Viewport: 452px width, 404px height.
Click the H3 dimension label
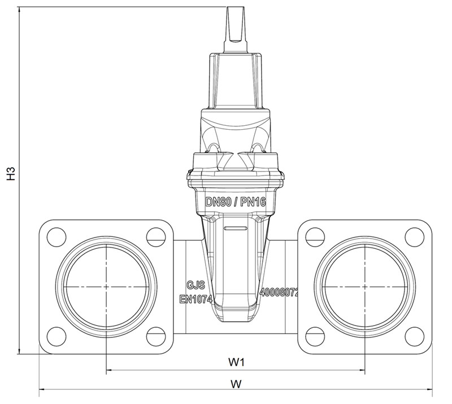(11, 173)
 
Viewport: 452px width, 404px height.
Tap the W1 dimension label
(236, 362)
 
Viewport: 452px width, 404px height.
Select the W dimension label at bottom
(236, 384)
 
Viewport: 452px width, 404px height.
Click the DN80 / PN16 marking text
(236, 202)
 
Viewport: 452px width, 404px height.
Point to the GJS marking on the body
(196, 285)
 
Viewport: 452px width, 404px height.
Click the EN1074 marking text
(196, 299)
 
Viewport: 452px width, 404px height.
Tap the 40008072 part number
(279, 293)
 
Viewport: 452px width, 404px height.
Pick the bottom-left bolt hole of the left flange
(56, 336)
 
